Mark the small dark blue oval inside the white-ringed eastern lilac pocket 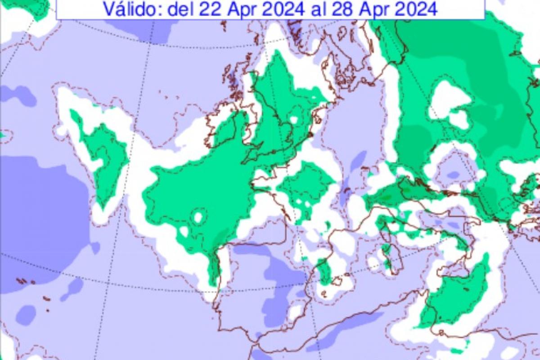(453, 175)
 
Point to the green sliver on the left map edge (2, 134)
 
